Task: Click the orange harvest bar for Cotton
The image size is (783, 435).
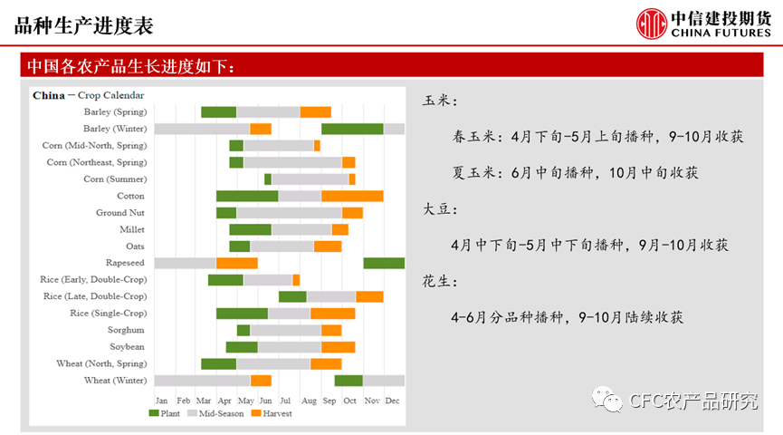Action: pyautogui.click(x=352, y=196)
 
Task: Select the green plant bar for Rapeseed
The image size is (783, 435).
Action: pyautogui.click(x=384, y=263)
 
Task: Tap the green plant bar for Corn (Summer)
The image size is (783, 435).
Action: pyautogui.click(x=268, y=179)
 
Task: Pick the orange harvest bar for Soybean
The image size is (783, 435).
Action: pyautogui.click(x=338, y=347)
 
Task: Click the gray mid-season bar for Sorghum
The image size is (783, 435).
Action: pyautogui.click(x=286, y=330)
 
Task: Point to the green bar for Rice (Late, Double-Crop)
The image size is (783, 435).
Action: pyautogui.click(x=292, y=296)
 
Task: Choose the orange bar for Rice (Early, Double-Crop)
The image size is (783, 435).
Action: pyautogui.click(x=296, y=279)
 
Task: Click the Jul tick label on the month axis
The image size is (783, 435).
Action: pyautogui.click(x=285, y=401)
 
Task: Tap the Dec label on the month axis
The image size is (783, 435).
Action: pyautogui.click(x=392, y=401)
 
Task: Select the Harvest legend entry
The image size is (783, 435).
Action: pyautogui.click(x=272, y=413)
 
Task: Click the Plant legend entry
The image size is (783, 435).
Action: pyautogui.click(x=164, y=413)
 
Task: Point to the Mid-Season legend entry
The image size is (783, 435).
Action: pyautogui.click(x=215, y=413)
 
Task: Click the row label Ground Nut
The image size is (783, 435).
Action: pyautogui.click(x=120, y=212)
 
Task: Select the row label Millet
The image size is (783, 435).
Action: pyautogui.click(x=132, y=229)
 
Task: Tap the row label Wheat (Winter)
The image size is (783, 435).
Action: pyautogui.click(x=115, y=381)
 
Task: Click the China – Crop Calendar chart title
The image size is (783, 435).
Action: pyautogui.click(x=89, y=95)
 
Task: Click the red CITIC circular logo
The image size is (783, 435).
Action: pyautogui.click(x=651, y=24)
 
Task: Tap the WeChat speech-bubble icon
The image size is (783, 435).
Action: pyautogui.click(x=607, y=399)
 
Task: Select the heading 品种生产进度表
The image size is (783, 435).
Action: pyautogui.click(x=84, y=26)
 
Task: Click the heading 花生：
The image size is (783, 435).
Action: pyautogui.click(x=440, y=282)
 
